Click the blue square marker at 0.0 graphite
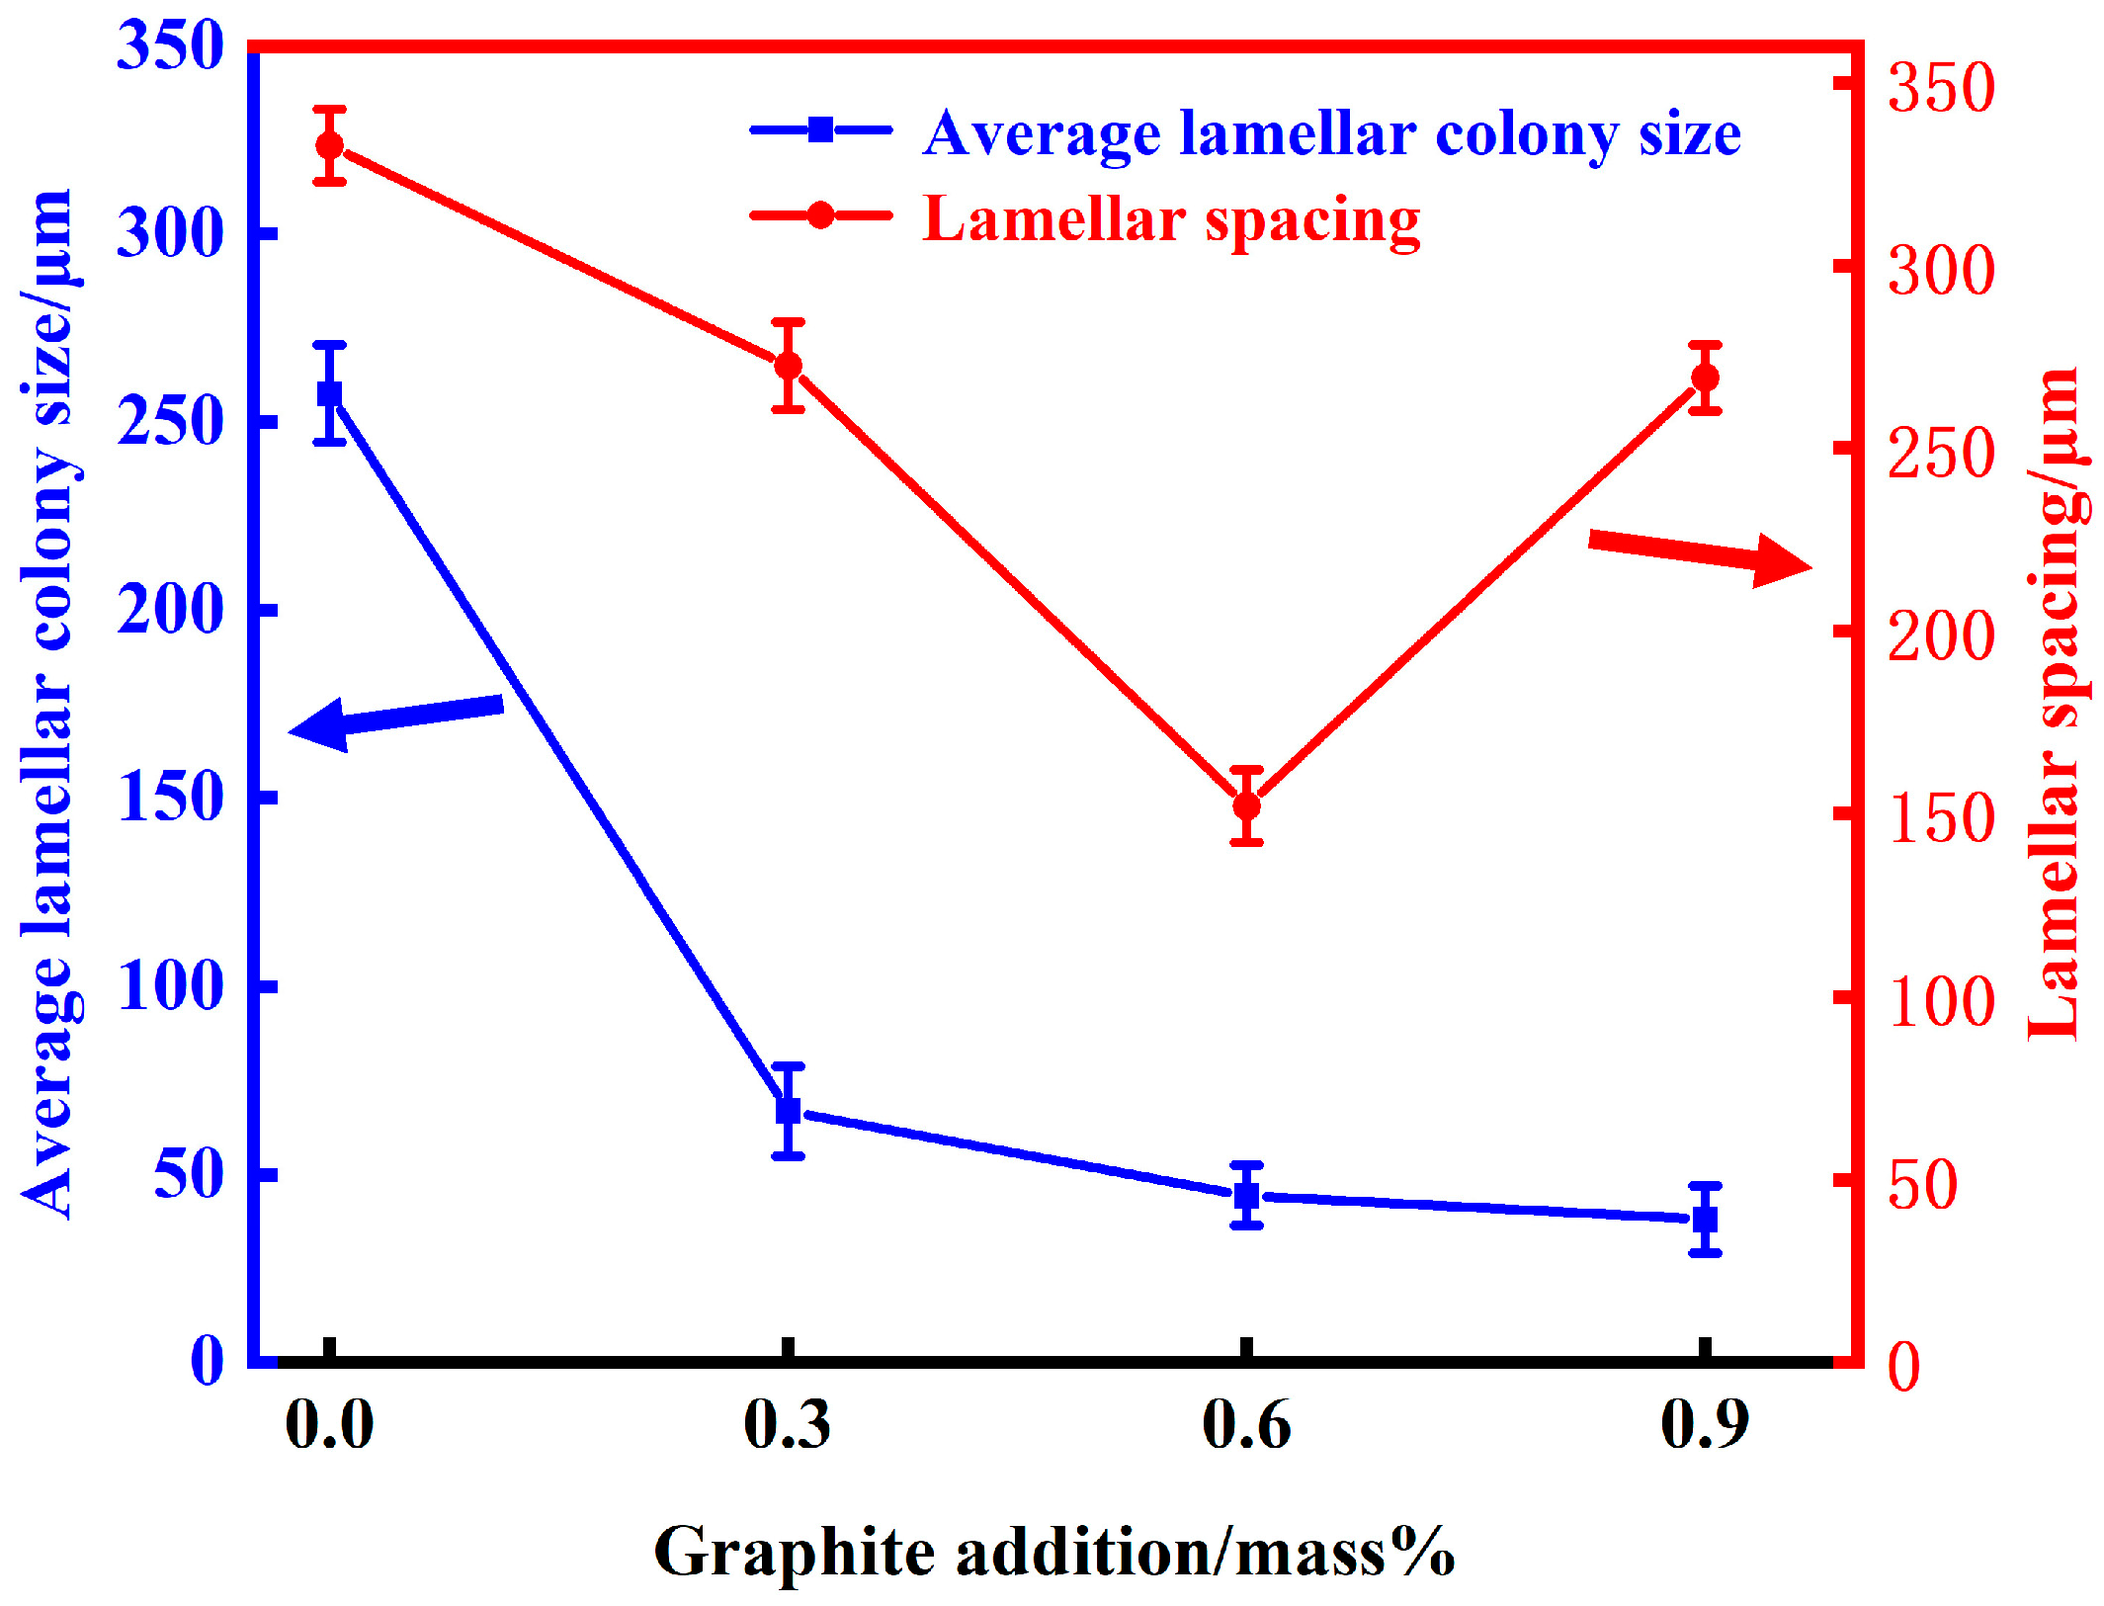click(x=330, y=394)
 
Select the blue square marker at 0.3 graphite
click(x=788, y=1111)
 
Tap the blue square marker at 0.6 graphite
click(x=1247, y=1195)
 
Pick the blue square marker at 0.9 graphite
click(x=1705, y=1219)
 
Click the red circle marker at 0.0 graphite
click(x=330, y=145)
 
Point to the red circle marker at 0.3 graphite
click(x=788, y=366)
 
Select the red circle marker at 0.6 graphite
click(x=1247, y=805)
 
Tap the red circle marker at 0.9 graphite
click(x=1705, y=378)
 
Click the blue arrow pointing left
click(x=395, y=718)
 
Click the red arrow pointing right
click(x=1700, y=555)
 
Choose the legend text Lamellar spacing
click(x=1171, y=219)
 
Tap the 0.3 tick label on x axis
click(x=787, y=1425)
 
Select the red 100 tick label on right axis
click(x=1941, y=1002)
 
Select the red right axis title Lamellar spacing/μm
click(x=2056, y=702)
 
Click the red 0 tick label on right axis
click(x=1904, y=1368)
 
